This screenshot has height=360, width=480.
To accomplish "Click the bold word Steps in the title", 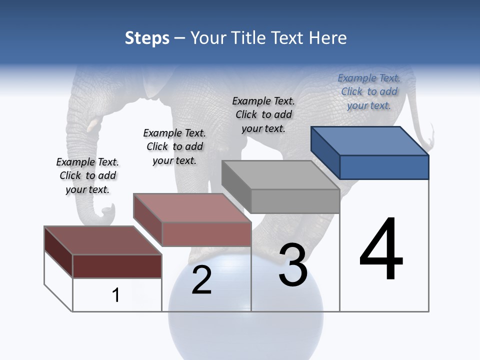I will click(x=147, y=38).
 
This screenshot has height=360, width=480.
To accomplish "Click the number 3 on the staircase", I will click(x=293, y=265).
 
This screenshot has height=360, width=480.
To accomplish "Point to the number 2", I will click(x=201, y=280).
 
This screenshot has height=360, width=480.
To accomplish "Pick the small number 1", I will click(x=116, y=295).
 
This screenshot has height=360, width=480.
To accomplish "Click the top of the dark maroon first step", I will click(x=103, y=240).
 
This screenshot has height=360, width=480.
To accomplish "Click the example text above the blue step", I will click(x=369, y=91).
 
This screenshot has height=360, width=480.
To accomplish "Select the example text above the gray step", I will click(x=263, y=114).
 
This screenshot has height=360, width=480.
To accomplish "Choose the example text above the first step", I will click(x=87, y=175).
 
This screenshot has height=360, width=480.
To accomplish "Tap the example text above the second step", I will click(x=174, y=146).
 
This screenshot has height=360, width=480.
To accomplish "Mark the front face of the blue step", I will click(x=384, y=167).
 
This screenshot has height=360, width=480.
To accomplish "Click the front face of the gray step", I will click(x=295, y=201).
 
